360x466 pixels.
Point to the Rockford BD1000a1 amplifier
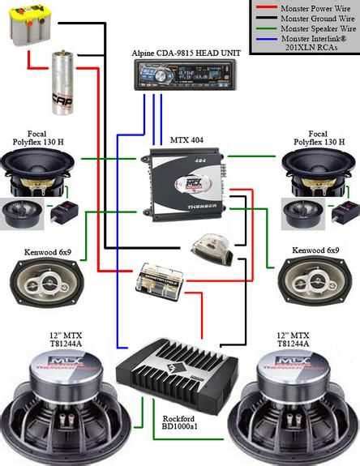coord(180,365)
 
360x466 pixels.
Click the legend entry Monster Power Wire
coord(311,8)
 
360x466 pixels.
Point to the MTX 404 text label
coord(187,139)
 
